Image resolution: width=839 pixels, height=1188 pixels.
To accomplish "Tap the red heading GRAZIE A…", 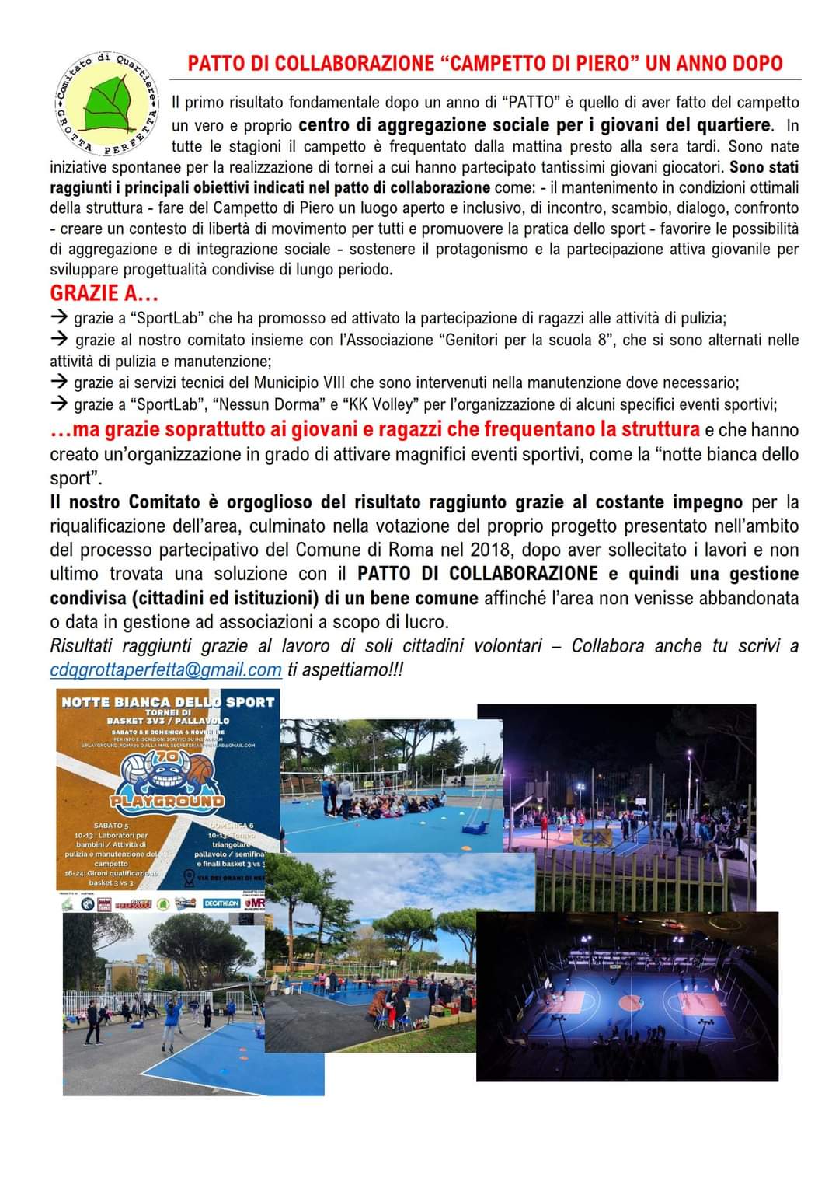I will (x=105, y=293).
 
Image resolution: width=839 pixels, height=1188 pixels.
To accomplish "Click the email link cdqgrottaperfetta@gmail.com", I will (x=165, y=669).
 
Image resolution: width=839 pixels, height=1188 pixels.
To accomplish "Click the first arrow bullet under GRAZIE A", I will (x=59, y=318).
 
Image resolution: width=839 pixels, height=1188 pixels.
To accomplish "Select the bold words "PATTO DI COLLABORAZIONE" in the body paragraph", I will (x=478, y=574).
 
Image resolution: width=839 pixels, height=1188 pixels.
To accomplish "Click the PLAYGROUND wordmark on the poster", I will (x=168, y=801).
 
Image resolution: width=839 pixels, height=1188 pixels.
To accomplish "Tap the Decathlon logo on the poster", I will (x=221, y=903).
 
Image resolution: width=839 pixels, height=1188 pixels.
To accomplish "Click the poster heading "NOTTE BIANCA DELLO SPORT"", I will (x=168, y=702).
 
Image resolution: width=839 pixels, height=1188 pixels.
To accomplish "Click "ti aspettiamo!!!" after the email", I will (x=345, y=669).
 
